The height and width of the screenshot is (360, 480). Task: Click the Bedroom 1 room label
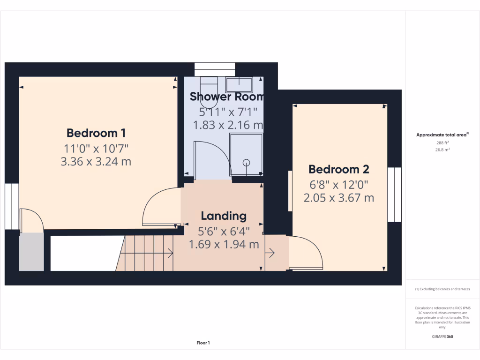(x=96, y=133)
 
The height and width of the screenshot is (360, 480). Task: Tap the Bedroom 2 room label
(x=338, y=169)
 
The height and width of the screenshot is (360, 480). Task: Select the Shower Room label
(x=227, y=97)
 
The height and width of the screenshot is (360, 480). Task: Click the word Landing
(x=224, y=216)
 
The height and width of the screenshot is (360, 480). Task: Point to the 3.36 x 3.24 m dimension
(x=96, y=162)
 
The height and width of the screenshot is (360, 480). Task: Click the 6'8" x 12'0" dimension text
(x=338, y=184)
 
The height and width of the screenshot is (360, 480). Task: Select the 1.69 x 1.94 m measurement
(x=224, y=244)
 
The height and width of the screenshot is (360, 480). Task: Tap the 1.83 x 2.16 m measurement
(x=228, y=125)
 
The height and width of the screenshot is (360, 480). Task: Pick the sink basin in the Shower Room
(x=239, y=85)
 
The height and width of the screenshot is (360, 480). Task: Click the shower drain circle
(x=247, y=162)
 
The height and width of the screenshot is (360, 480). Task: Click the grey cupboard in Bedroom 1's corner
(x=31, y=252)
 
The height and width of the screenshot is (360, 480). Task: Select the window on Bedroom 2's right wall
(x=394, y=194)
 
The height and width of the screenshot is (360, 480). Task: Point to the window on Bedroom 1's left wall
(x=11, y=206)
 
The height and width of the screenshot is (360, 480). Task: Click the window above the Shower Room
(x=215, y=69)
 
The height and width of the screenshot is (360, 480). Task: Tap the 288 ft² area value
(x=442, y=142)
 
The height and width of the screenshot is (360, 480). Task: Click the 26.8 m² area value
(x=442, y=150)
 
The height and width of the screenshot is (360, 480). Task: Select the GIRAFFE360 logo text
(x=442, y=337)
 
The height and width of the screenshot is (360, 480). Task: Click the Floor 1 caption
(x=203, y=343)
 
